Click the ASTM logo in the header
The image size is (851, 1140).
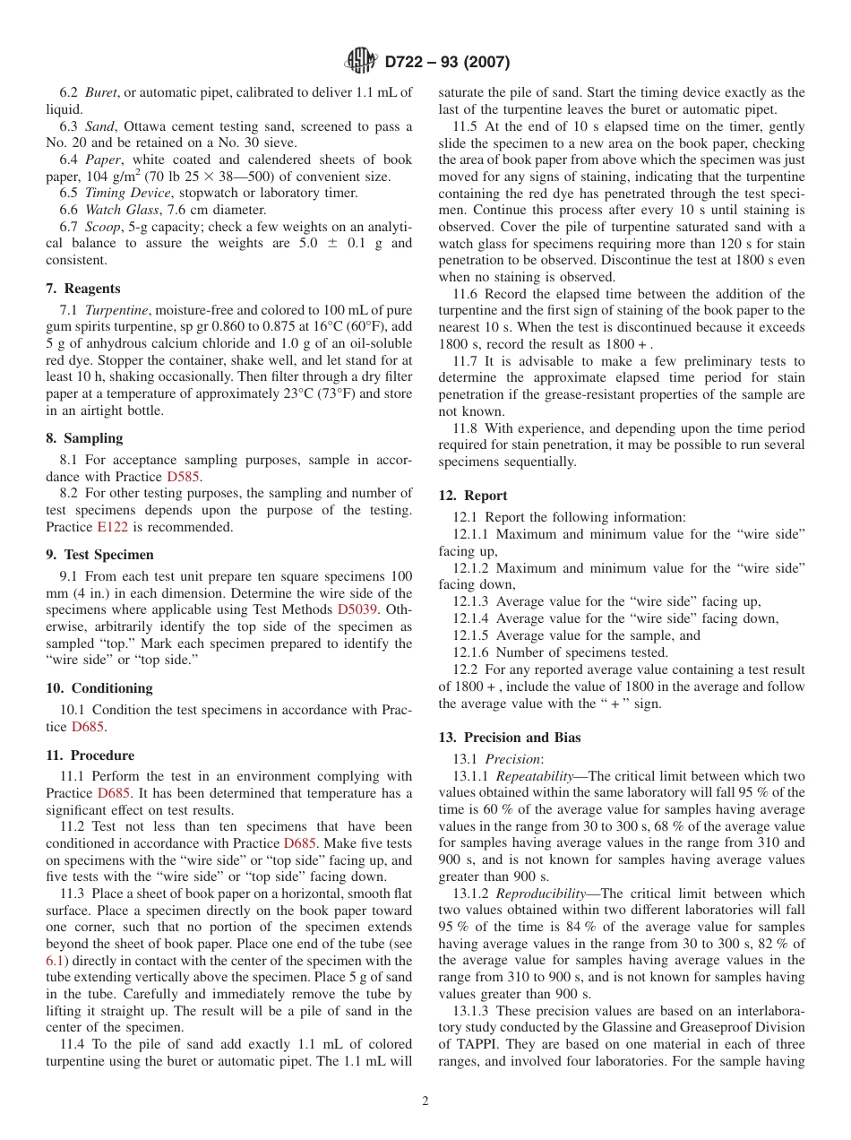[x=362, y=62]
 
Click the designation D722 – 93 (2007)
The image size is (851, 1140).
[x=447, y=62]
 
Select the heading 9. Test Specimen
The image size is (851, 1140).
[x=99, y=555]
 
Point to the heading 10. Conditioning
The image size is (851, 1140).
[x=99, y=688]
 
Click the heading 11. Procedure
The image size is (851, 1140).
[x=90, y=756]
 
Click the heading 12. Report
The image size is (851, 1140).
[x=473, y=496]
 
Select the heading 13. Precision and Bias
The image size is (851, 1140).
[x=510, y=738]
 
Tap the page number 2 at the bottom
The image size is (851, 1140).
[x=425, y=1101]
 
